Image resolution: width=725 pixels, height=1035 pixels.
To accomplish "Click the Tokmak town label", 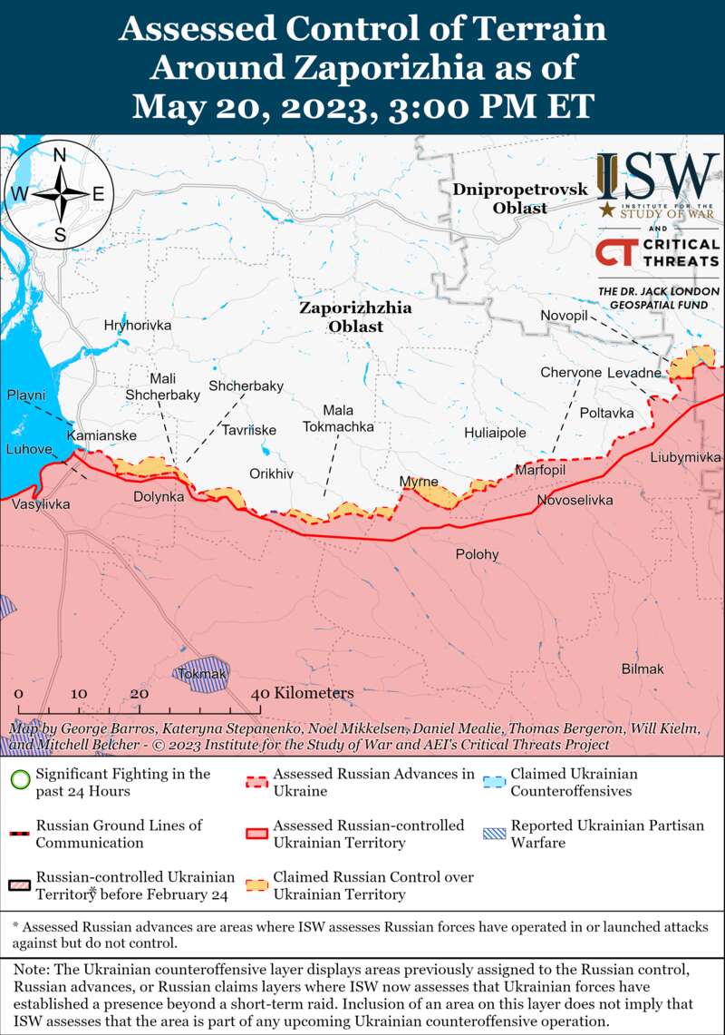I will tap(202, 674).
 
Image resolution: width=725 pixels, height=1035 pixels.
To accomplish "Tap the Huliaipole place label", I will tap(495, 433).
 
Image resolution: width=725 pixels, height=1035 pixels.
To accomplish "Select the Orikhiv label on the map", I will tap(272, 474).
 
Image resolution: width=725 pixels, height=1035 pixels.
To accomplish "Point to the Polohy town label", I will tap(477, 554).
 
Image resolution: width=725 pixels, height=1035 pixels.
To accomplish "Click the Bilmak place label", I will tap(643, 669).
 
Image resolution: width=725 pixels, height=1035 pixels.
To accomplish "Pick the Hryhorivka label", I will tap(138, 325).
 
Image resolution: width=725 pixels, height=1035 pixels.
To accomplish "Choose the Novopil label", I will tap(565, 314).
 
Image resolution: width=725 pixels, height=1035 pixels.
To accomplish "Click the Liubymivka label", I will tap(685, 457).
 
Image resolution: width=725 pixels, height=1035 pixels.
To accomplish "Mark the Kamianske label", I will tap(101, 435).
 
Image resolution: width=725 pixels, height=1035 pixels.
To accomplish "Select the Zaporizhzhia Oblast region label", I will tap(355, 317).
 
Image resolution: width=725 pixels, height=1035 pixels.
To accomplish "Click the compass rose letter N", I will tap(60, 155).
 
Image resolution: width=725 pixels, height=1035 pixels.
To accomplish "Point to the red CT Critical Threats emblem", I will tap(615, 251).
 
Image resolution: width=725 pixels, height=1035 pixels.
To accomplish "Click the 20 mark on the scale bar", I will tap(139, 693).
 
